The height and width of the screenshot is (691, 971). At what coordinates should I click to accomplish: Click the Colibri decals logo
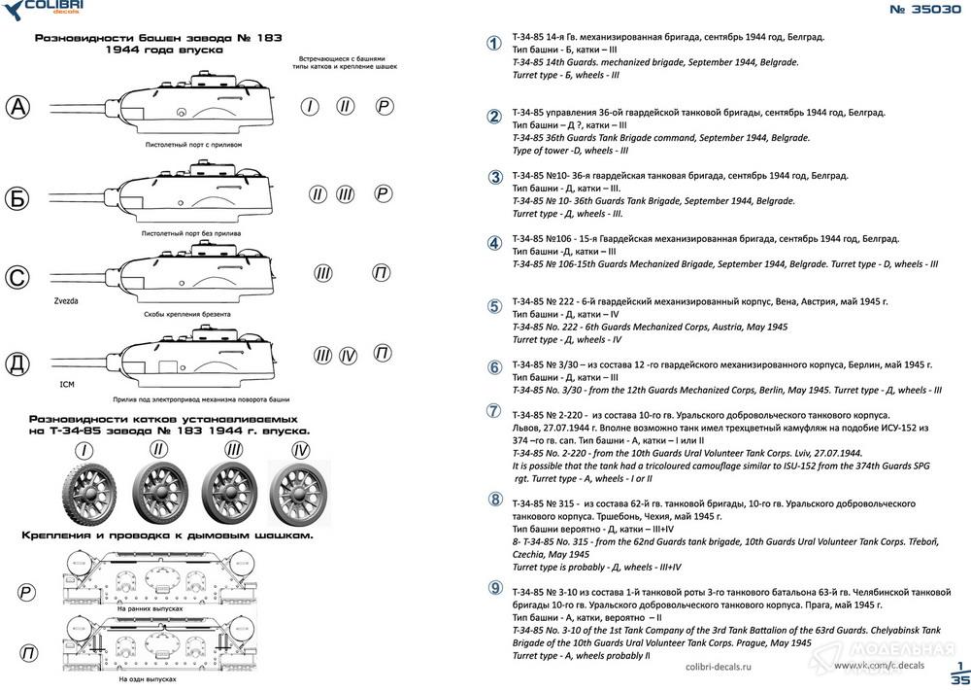point(44,9)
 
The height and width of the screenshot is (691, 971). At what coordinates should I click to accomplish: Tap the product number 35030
point(924,10)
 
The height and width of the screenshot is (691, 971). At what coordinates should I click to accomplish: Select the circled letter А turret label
point(17,107)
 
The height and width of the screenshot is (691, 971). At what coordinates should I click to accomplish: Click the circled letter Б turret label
point(17,198)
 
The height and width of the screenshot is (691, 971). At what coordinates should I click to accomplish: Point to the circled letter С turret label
point(17,276)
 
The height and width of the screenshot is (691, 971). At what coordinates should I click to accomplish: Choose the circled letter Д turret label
point(17,363)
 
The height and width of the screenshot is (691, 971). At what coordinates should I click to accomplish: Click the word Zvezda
point(66,301)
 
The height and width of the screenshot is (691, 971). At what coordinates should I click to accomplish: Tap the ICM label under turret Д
point(67,384)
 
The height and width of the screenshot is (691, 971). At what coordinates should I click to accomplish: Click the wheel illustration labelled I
point(89,494)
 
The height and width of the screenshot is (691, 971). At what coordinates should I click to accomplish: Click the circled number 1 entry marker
point(493,43)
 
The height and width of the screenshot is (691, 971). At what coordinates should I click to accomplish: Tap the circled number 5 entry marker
point(494,307)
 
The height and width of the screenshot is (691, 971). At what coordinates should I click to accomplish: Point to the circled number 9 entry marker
point(495,587)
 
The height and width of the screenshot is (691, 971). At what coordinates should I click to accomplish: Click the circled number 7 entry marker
point(493,410)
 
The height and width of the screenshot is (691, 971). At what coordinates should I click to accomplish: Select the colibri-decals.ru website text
point(719,667)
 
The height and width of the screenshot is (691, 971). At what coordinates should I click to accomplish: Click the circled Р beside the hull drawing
point(25,593)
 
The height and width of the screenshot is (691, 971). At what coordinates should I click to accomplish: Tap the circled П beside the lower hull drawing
point(28,652)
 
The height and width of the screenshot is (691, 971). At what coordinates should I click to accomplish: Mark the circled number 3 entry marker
point(495,177)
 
